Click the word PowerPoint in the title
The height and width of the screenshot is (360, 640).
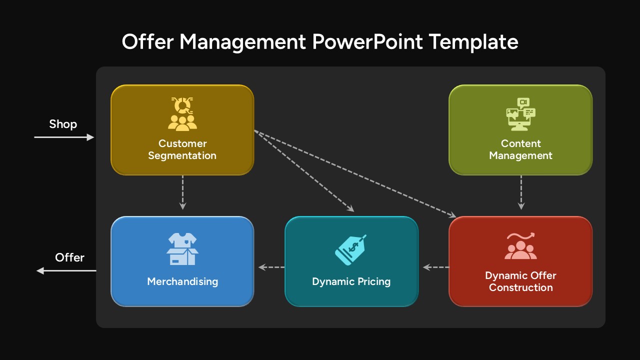pyautogui.click(x=367, y=42)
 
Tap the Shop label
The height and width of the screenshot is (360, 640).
pyautogui.click(x=63, y=124)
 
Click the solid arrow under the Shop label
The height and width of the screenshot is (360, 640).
pyautogui.click(x=64, y=137)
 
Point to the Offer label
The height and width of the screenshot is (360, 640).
pyautogui.click(x=69, y=257)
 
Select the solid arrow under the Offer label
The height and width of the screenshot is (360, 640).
pyautogui.click(x=66, y=270)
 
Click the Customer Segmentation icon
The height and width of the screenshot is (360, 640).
pyautogui.click(x=182, y=114)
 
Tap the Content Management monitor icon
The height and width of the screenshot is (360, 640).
pyautogui.click(x=520, y=114)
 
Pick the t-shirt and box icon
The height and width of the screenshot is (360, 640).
pyautogui.click(x=182, y=249)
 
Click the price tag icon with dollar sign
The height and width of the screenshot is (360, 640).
pyautogui.click(x=351, y=250)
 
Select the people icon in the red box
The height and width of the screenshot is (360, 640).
pyautogui.click(x=520, y=246)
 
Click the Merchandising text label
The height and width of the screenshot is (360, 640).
pyautogui.click(x=182, y=281)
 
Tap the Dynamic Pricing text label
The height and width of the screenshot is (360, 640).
pyautogui.click(x=351, y=281)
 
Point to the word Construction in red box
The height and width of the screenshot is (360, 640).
pyautogui.click(x=520, y=287)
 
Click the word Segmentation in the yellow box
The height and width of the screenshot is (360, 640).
pyautogui.click(x=182, y=155)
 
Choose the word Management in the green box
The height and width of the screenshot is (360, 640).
pyautogui.click(x=520, y=155)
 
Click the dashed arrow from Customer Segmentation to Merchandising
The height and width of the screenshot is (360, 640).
pyautogui.click(x=182, y=192)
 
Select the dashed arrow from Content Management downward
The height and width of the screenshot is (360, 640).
pyautogui.click(x=521, y=192)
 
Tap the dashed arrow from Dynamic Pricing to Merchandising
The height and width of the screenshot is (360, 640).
pyautogui.click(x=271, y=267)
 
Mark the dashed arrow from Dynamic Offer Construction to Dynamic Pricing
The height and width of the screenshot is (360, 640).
pyautogui.click(x=436, y=267)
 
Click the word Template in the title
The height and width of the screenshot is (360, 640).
pyautogui.click(x=473, y=42)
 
